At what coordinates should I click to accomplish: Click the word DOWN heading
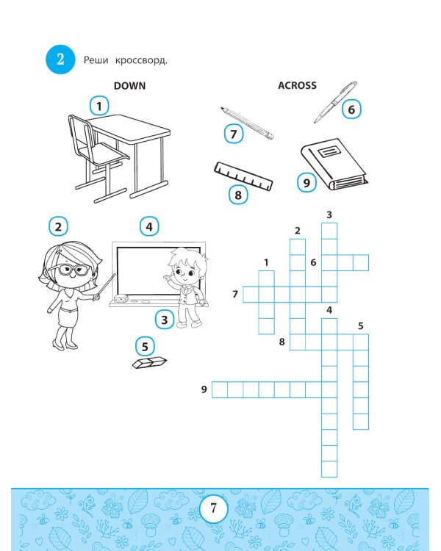129,86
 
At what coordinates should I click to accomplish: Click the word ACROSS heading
297,85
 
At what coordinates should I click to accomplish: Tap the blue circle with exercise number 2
60,60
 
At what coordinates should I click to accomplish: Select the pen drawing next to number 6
335,102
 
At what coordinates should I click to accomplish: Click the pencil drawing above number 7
247,123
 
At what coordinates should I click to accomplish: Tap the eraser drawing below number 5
151,362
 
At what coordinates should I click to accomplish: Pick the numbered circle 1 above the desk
98,106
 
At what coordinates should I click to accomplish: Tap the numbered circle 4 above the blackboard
149,226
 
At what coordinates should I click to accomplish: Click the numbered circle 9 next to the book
306,181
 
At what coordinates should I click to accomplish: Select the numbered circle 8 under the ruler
237,195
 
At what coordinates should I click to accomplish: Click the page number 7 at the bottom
213,508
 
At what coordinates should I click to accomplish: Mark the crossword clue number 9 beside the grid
204,389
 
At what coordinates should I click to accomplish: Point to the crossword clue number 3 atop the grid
329,215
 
